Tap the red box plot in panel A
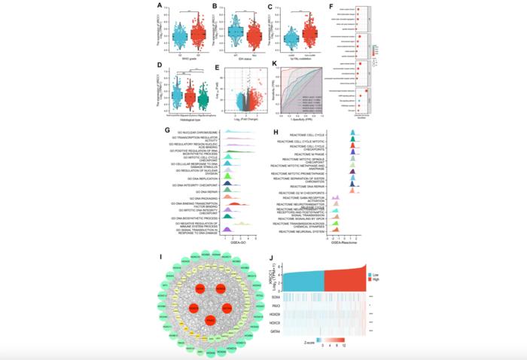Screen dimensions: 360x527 pyautogui.click(x=199, y=34)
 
